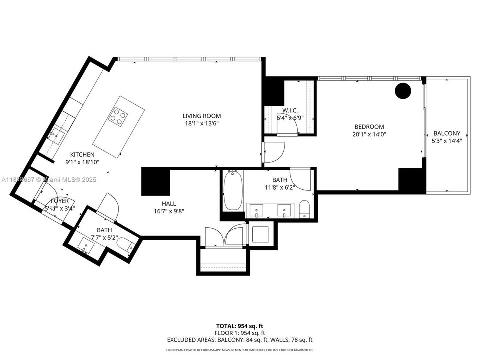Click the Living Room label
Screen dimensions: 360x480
coord(201,116)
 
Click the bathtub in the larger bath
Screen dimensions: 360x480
coord(232,192)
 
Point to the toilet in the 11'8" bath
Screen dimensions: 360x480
coord(305,209)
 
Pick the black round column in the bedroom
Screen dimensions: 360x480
coord(403,90)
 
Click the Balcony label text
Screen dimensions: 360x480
coord(447,133)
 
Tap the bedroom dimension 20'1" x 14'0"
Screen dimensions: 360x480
coord(369,134)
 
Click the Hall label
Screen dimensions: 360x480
coord(168,203)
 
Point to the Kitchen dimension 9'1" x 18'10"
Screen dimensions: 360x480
coord(82,162)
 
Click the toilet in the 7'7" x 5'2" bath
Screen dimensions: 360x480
coord(127,245)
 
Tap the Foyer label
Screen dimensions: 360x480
coord(60,201)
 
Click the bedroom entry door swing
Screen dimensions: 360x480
coord(274,152)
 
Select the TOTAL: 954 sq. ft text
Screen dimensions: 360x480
coord(239,326)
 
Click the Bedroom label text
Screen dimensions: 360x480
coord(369,127)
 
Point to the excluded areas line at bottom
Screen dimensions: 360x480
coord(239,340)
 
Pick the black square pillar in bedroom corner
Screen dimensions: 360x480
coord(412,180)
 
